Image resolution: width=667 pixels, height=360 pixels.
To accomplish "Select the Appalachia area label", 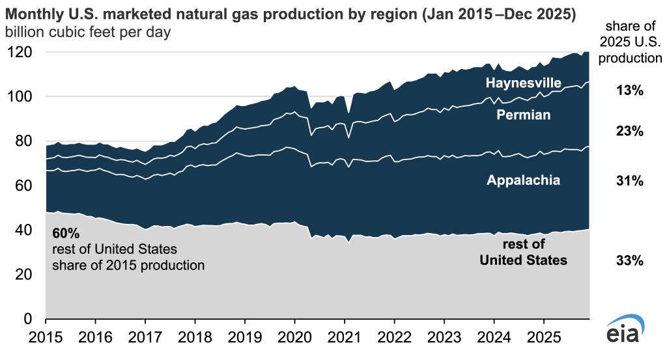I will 524,180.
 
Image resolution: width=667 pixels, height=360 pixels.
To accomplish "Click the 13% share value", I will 631,91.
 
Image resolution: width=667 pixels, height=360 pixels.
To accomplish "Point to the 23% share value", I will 631,132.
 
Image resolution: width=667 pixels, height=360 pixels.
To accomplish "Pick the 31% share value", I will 631,182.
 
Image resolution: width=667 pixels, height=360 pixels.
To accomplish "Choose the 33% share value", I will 631,261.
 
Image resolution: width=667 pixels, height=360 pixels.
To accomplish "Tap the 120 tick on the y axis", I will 23,53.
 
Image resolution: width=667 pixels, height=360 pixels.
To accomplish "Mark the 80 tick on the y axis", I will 27,141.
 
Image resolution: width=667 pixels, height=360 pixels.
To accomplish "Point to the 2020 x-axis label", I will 294,338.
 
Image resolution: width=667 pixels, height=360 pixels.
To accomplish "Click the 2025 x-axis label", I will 543,338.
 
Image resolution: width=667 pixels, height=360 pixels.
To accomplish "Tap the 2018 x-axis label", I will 195,338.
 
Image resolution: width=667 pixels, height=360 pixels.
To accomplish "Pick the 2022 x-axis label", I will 394,338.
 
